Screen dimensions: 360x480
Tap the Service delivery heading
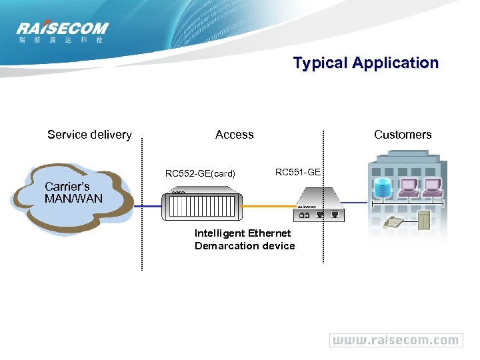pyautogui.click(x=89, y=135)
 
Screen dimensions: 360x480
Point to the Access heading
pyautogui.click(x=235, y=135)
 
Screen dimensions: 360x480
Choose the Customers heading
pyautogui.click(x=403, y=135)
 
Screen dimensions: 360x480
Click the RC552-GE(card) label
pyautogui.click(x=200, y=174)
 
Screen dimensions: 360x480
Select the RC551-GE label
pyautogui.click(x=298, y=172)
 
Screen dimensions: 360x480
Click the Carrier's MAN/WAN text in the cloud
pyautogui.click(x=73, y=193)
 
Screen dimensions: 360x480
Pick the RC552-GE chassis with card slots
pyautogui.click(x=201, y=207)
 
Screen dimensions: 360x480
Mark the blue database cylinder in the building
pyautogui.click(x=384, y=189)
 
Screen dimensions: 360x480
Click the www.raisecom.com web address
pyautogui.click(x=395, y=340)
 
